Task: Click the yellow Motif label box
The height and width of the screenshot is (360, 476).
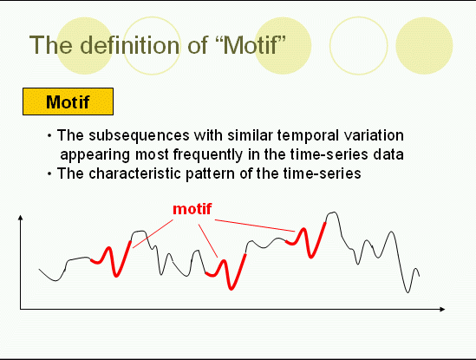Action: click(68, 101)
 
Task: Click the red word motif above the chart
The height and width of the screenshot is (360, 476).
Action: click(192, 209)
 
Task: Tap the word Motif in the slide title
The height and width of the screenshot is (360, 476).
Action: click(251, 45)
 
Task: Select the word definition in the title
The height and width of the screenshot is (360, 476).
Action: click(130, 45)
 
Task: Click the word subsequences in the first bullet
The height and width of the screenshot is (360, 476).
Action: click(139, 136)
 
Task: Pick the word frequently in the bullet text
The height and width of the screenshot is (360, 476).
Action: click(208, 155)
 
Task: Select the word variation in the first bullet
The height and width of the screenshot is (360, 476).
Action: click(374, 135)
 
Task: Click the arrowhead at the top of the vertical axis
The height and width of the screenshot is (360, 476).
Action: click(20, 217)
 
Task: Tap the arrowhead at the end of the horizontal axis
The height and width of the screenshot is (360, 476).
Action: click(442, 310)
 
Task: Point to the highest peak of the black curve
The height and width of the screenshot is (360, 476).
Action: click(334, 213)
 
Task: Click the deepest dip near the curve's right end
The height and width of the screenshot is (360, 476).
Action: click(408, 292)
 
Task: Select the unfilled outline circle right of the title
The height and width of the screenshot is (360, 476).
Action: click(359, 46)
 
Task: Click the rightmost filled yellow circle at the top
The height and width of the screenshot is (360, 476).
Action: click(424, 46)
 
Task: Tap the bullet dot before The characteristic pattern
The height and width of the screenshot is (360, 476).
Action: click(49, 173)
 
